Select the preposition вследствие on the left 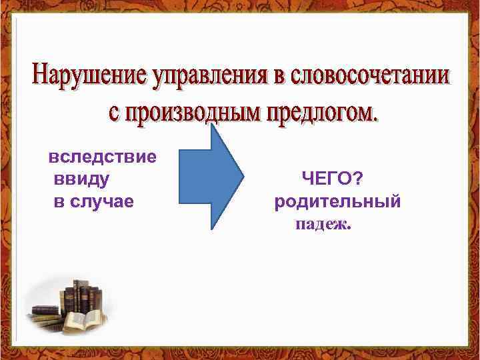[103, 157]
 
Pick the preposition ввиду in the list [82, 179]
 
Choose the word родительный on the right [337, 201]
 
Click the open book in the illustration [84, 319]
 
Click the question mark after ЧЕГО [357, 179]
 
